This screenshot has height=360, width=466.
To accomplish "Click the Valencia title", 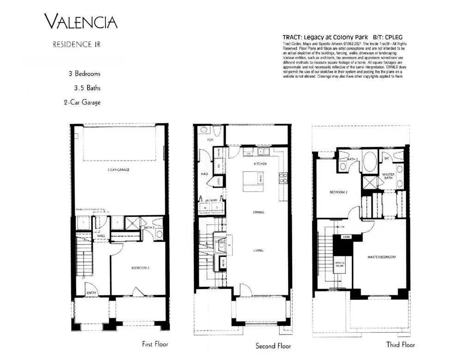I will click(x=80, y=22).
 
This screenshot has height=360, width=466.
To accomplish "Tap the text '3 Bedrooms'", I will click(x=84, y=74).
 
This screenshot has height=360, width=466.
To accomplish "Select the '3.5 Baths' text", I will click(x=87, y=87).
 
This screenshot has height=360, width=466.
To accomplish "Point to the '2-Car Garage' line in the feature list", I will click(x=82, y=102).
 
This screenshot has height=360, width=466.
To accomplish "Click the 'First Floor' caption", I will click(x=155, y=344).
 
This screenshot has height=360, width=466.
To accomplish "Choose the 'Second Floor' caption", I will click(x=273, y=346).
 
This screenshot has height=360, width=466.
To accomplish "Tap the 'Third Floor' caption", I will click(x=400, y=345).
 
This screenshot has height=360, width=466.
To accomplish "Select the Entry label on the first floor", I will click(x=92, y=292).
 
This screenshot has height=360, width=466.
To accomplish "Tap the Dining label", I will click(x=258, y=212).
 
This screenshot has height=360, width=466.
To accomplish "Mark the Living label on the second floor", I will click(x=258, y=250).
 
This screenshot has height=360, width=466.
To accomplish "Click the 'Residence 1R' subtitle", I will click(x=77, y=45).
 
